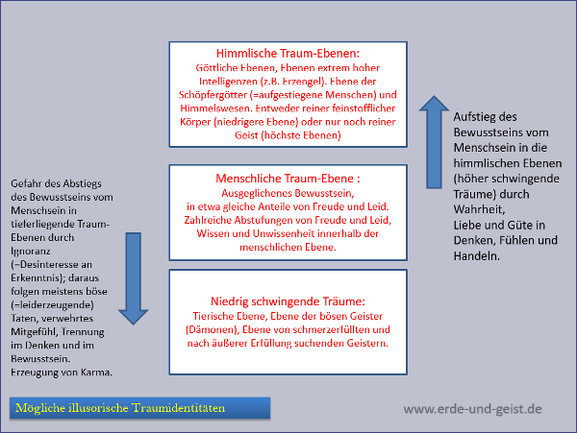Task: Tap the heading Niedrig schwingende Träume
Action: pos(288,301)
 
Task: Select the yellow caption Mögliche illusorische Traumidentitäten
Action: pos(120,408)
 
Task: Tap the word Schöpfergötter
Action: pos(223,96)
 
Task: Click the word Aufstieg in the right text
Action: pos(478,116)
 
